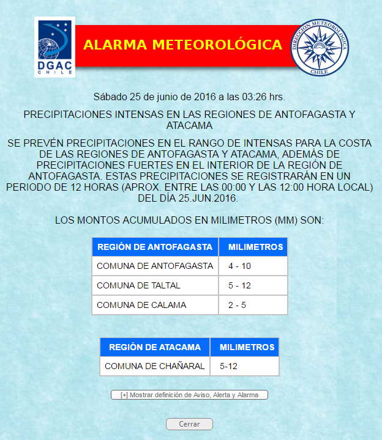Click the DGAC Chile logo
tap(54, 48)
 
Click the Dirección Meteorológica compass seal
tap(319, 46)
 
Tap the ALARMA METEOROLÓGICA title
tap(182, 45)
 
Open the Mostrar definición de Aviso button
tap(189, 395)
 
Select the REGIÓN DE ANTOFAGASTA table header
tap(155, 247)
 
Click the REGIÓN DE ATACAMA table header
tap(155, 347)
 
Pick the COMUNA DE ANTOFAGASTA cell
tap(155, 266)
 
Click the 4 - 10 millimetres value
tap(239, 266)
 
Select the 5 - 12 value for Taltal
tap(239, 285)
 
